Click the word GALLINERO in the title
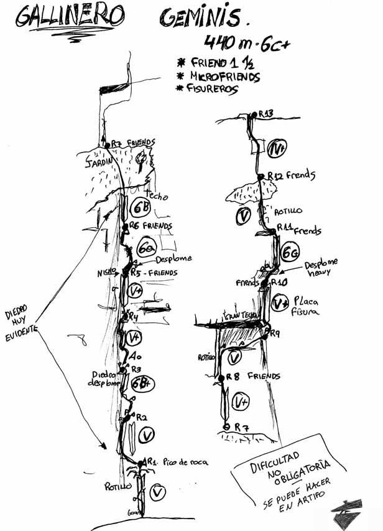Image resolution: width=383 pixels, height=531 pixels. click(x=65, y=17)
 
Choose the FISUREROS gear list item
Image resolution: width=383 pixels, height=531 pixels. click(x=212, y=88)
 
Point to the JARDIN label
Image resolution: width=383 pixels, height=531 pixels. click(x=97, y=161)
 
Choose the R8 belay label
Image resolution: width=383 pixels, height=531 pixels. click(x=233, y=376)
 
